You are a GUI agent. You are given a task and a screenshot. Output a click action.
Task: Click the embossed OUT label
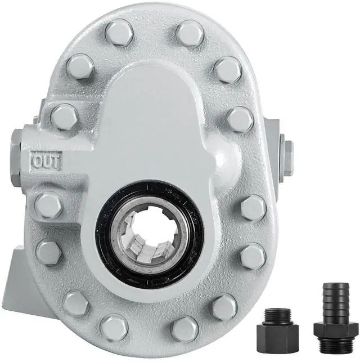point(47,161)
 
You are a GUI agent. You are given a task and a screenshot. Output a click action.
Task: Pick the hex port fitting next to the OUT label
point(16,158)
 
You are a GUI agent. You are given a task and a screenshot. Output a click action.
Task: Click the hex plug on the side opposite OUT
point(287,158)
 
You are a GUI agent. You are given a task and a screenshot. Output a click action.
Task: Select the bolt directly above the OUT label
point(64,117)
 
